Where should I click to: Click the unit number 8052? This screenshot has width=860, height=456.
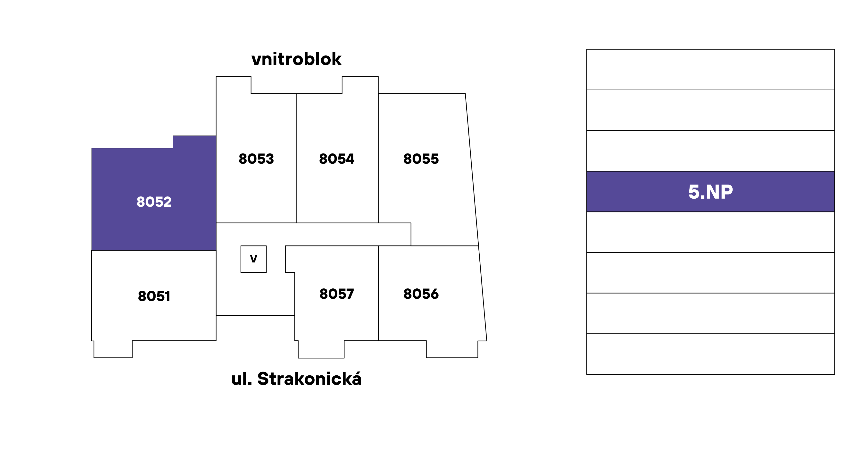click(x=154, y=202)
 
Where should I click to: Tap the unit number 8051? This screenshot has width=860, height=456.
click(x=154, y=296)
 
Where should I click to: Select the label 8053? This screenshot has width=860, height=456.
click(x=256, y=159)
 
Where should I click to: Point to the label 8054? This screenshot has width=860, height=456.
click(x=336, y=159)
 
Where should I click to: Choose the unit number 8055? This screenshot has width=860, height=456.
click(x=421, y=159)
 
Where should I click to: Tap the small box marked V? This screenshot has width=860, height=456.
click(x=253, y=259)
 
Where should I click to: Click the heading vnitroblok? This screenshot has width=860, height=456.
click(x=296, y=59)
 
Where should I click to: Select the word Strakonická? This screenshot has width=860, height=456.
click(x=309, y=379)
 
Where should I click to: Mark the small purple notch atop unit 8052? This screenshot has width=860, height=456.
click(x=194, y=142)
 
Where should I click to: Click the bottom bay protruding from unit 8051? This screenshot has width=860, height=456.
click(x=113, y=349)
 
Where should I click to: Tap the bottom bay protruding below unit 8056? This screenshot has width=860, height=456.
click(x=452, y=349)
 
